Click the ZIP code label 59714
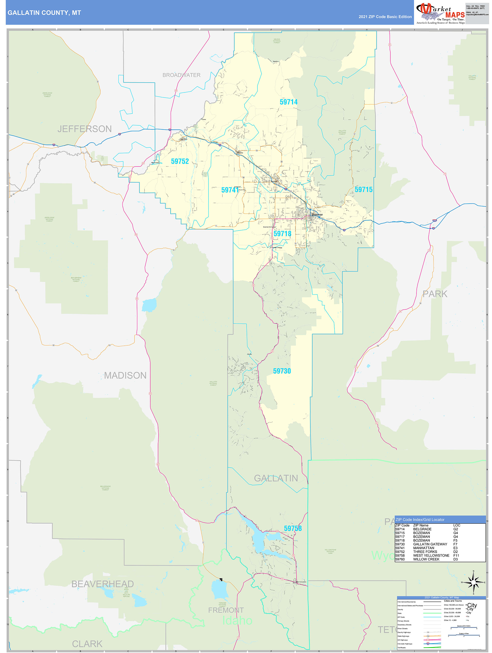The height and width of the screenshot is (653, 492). (288, 102)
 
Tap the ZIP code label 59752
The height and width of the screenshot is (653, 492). (180, 161)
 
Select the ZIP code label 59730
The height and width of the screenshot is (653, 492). (282, 371)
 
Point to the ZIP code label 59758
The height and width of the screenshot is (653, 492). (293, 528)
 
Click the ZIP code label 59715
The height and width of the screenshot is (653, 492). (363, 190)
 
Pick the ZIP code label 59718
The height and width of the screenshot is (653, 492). (282, 234)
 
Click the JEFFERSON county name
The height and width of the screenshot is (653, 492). (84, 129)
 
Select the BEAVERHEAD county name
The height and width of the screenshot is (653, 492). (102, 584)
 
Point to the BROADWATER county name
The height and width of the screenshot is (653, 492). (181, 75)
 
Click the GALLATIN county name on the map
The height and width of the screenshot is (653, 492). (276, 478)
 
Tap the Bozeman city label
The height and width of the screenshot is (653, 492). (317, 215)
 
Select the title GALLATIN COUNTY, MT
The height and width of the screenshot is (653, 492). (44, 13)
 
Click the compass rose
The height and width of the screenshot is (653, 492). (473, 582)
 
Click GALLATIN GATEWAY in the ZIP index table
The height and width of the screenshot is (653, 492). (430, 544)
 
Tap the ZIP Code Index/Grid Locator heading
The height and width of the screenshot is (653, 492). (420, 520)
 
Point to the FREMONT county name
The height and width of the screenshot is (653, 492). (226, 610)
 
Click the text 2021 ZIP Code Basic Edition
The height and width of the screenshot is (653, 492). (385, 17)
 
